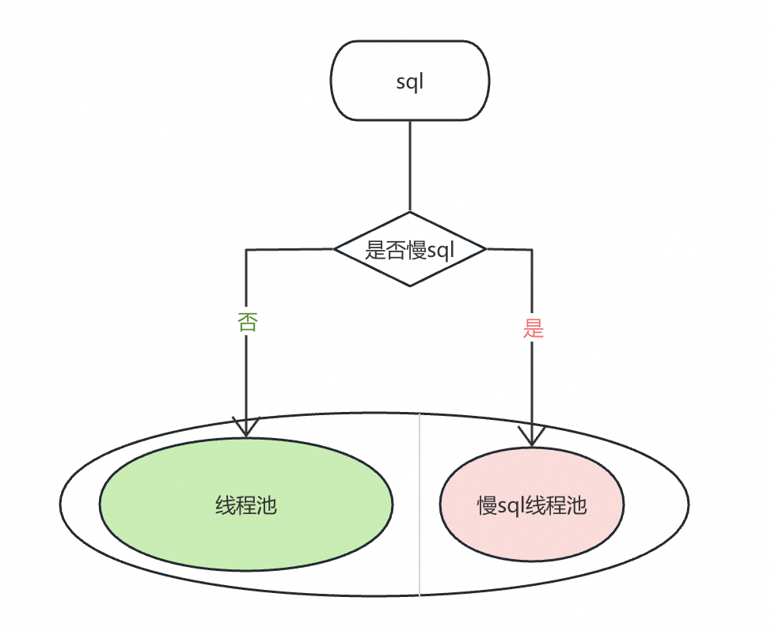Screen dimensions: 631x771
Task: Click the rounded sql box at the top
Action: click(x=409, y=81)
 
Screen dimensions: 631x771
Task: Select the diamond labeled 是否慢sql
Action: click(x=409, y=250)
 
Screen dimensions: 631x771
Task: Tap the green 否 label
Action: click(x=247, y=322)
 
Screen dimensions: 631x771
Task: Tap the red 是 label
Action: click(x=534, y=328)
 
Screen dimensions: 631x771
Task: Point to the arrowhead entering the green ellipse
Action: click(x=245, y=428)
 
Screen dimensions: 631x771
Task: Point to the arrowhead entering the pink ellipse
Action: click(x=532, y=436)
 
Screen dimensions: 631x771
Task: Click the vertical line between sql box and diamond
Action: click(x=409, y=166)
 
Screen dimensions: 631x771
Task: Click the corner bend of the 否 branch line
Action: click(x=246, y=250)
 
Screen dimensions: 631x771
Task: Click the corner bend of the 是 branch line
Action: click(x=532, y=251)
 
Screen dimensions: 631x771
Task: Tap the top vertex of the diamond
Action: click(x=409, y=212)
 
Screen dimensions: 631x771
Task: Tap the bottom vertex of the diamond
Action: click(x=409, y=287)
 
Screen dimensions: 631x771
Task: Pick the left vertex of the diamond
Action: click(x=335, y=250)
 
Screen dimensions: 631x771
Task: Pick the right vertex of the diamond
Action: click(x=484, y=250)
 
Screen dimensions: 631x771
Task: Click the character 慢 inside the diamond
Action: click(x=416, y=251)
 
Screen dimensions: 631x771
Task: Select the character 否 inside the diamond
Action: click(x=396, y=251)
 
